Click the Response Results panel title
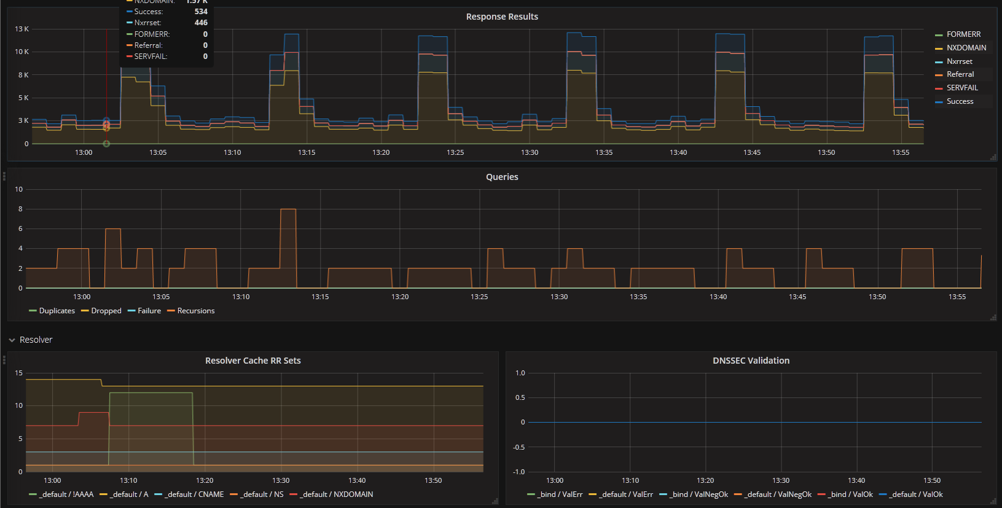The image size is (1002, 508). coord(502,17)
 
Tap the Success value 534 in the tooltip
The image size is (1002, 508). coord(201,11)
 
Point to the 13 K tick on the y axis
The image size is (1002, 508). coord(22,29)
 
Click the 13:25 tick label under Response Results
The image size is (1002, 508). coord(455,152)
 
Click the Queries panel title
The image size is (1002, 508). coord(502,177)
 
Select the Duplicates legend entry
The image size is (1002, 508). coord(52,311)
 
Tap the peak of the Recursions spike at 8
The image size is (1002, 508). coord(288,209)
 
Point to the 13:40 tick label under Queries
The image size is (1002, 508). coord(718,297)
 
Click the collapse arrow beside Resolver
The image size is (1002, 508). coord(12,340)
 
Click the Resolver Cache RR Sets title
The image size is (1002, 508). coord(252,361)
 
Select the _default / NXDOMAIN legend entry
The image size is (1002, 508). coord(331,494)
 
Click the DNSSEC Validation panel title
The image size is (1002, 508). coord(751,361)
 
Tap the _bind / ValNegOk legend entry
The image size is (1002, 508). coord(694,494)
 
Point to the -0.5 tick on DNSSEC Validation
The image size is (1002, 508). coord(519,447)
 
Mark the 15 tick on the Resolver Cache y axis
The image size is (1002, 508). coord(18,373)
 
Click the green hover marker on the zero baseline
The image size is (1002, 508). coord(106,144)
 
